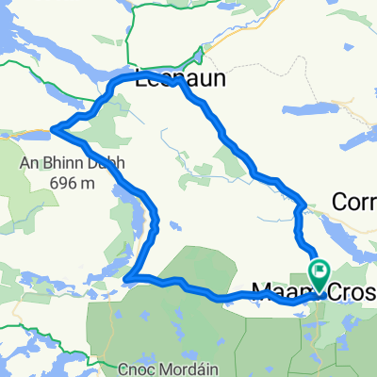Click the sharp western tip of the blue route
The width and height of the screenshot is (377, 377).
point(53,128)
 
